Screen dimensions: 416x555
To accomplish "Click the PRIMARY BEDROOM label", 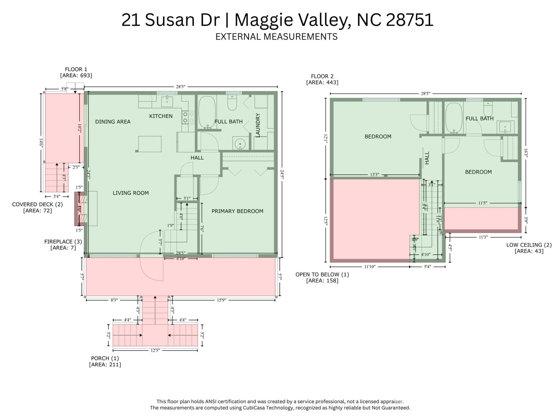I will [x=237, y=211].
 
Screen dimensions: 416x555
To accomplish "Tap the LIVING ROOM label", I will [x=131, y=193].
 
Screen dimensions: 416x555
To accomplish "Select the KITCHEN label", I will [x=161, y=116].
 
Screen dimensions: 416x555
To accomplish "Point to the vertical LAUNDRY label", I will [x=258, y=125].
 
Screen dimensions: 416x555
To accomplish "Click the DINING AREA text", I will [x=113, y=122].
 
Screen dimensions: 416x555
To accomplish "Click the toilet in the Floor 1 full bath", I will [x=232, y=103].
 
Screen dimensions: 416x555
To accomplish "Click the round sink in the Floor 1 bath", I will [x=240, y=144].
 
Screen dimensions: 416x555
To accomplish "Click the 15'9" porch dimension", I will [x=221, y=300].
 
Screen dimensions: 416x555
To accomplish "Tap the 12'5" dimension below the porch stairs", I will [x=155, y=350].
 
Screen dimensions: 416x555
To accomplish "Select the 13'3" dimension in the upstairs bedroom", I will [x=375, y=174].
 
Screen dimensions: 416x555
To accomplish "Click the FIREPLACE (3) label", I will [x=63, y=242].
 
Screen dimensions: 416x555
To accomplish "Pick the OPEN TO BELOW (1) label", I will [x=322, y=274].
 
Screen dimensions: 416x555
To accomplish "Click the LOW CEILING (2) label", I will [x=529, y=245].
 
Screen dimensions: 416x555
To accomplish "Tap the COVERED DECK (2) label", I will [x=37, y=204].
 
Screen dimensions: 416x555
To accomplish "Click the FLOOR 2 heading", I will [x=322, y=76].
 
